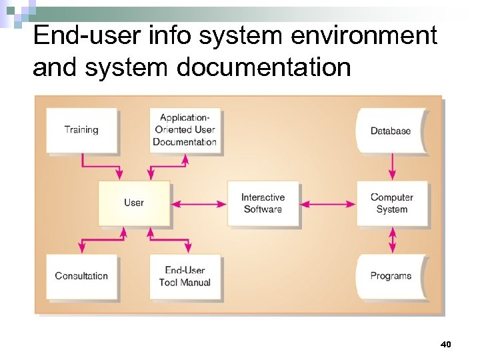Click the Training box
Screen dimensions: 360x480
(x=81, y=130)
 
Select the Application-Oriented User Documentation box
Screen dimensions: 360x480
(x=184, y=130)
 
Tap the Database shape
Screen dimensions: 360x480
(x=391, y=131)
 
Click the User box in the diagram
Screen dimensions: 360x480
(x=133, y=203)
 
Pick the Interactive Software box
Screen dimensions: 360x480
(x=263, y=203)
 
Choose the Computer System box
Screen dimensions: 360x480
(x=392, y=203)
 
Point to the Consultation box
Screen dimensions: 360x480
(x=81, y=276)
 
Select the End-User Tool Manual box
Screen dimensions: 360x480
(x=185, y=276)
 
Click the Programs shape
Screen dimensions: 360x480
(x=391, y=276)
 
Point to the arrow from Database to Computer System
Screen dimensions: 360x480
(x=393, y=166)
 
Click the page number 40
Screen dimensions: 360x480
(x=446, y=344)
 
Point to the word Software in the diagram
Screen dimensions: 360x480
(x=263, y=209)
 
